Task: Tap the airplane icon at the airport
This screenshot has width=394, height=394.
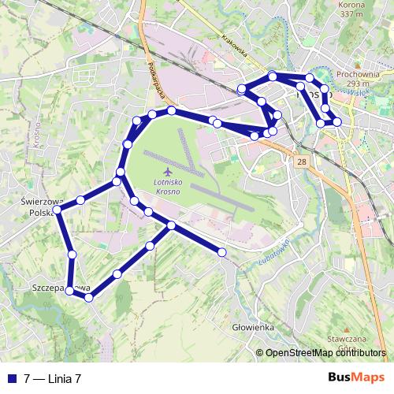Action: (167, 171)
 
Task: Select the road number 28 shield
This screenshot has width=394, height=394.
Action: (303, 161)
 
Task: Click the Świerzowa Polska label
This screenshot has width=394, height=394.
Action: (36, 207)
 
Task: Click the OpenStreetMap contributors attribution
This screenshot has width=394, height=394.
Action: (326, 354)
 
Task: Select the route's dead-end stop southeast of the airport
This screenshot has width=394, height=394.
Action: (222, 252)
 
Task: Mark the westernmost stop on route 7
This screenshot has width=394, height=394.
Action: (58, 210)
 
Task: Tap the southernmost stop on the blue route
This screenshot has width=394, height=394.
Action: (89, 297)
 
